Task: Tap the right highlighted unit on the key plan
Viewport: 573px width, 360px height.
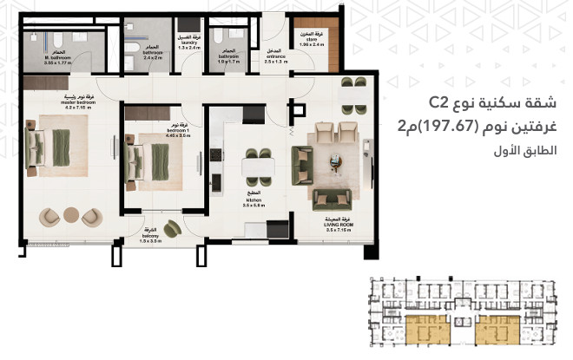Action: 500,328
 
